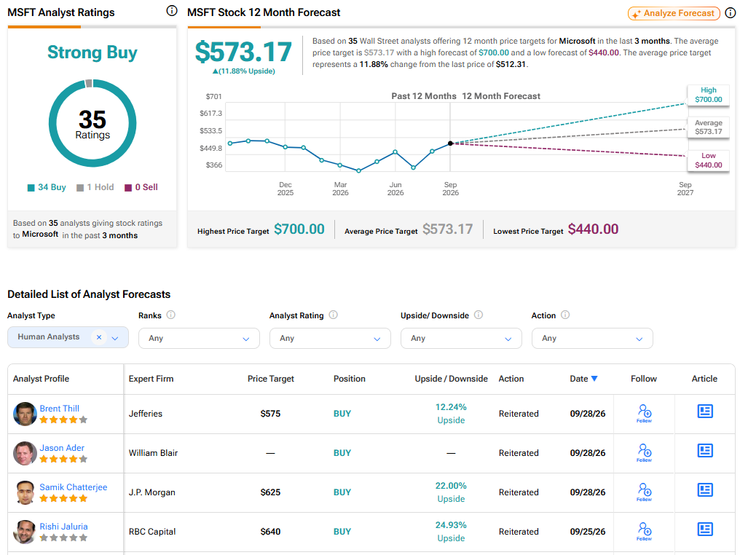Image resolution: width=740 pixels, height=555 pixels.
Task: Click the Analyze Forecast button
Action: coord(674,13)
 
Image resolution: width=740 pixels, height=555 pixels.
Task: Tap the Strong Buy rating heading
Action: coord(92,52)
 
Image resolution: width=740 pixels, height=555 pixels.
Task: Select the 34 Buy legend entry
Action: coord(47,187)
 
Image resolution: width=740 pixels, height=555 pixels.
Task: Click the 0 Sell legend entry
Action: coord(141,187)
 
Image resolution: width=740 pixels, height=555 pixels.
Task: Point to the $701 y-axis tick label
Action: coord(213,96)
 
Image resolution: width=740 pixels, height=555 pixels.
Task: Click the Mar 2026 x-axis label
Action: coord(340,189)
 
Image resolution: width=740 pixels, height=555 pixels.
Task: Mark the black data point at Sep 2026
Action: coord(450,143)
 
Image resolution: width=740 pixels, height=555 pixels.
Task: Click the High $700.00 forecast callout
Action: coord(709,95)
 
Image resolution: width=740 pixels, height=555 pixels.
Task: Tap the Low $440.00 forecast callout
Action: coord(709,160)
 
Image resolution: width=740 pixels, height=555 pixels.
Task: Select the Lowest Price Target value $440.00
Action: coord(593,229)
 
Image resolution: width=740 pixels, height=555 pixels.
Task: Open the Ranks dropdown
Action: coord(199,339)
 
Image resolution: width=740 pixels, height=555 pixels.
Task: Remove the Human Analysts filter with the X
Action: coord(98,337)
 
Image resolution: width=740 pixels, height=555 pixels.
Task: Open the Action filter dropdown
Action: coord(592,339)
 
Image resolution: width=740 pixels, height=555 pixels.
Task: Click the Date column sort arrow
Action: coord(594,379)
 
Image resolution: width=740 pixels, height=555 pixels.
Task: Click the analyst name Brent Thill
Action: coord(60,408)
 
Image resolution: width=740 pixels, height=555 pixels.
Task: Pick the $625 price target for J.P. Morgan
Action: coord(270,492)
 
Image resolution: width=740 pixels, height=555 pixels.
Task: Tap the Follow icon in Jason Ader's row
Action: coord(644,452)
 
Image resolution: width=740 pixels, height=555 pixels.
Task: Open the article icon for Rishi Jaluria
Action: coord(705,529)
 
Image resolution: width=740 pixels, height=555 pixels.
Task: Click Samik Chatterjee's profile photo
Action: coord(25,492)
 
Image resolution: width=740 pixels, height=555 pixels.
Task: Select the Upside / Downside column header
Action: coord(451,379)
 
